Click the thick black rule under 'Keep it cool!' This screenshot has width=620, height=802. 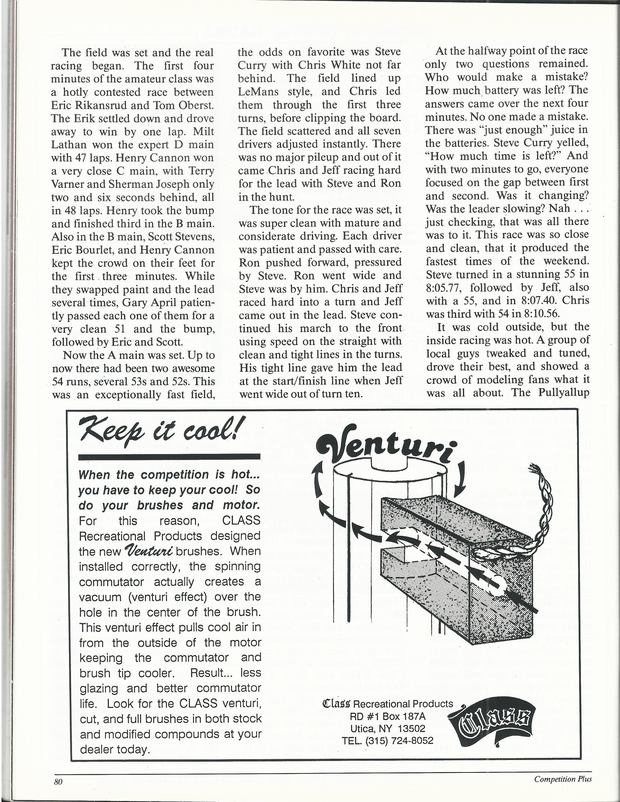click(x=170, y=457)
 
